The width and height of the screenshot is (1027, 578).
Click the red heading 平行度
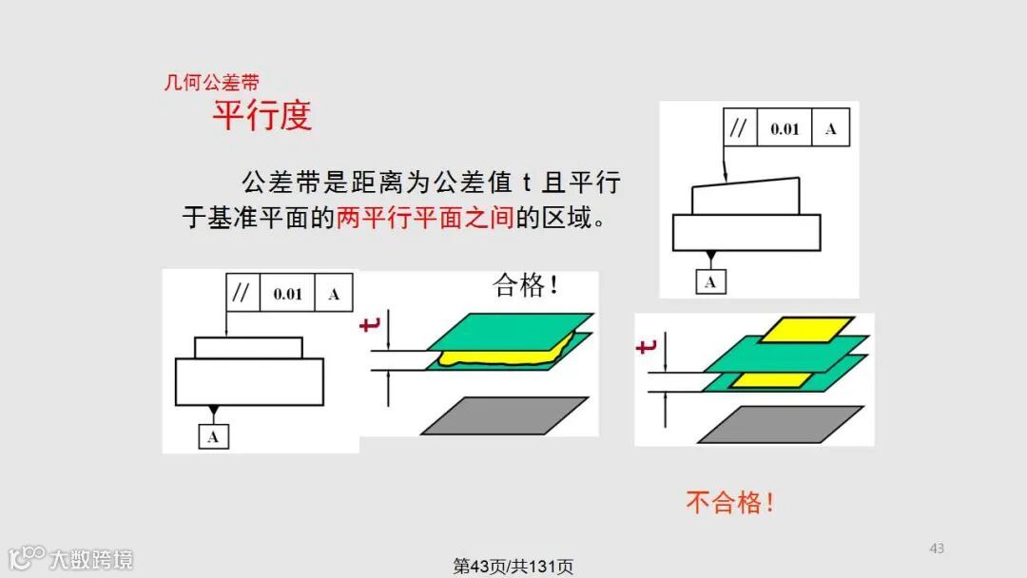262,116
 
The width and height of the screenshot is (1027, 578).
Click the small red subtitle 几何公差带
211,83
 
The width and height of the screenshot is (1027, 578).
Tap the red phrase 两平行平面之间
425,218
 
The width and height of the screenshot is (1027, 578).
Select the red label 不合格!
730,502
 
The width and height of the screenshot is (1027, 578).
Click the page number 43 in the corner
937,548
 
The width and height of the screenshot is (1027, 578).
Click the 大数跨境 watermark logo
70,558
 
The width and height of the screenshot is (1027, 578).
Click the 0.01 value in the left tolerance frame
287,294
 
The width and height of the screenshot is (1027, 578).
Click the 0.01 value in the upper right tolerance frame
785,129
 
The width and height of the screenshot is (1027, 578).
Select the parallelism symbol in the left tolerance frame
242,294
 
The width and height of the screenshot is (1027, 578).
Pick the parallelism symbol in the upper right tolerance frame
739,129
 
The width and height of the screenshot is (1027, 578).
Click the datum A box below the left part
213,437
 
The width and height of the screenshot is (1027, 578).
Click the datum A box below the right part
711,281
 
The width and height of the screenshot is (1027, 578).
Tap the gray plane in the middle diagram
504,415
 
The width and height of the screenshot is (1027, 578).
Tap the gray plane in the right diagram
780,424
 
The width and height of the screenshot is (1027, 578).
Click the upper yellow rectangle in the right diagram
797,330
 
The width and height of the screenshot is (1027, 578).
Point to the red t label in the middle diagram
370,327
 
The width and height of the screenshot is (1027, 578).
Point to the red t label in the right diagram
647,348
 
